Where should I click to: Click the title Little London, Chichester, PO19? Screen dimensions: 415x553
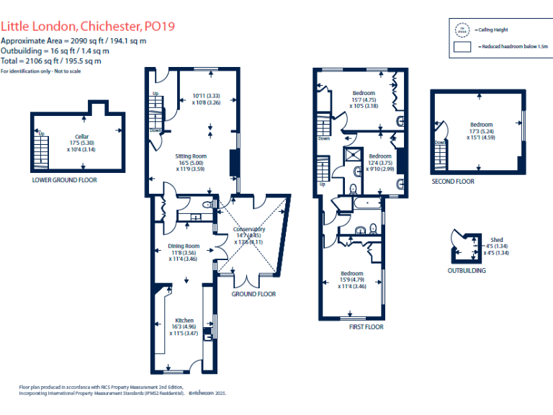click(87, 27)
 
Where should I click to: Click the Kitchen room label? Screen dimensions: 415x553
click(184, 320)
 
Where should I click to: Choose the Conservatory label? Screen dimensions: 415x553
click(249, 229)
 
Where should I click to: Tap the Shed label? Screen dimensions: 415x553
click(496, 240)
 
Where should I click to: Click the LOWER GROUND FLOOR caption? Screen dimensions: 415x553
click(64, 180)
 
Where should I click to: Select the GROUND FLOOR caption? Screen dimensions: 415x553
click(253, 294)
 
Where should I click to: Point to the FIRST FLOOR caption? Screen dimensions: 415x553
click(366, 326)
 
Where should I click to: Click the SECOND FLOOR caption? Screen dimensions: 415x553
click(453, 182)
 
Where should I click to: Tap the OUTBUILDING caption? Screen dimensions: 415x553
click(467, 271)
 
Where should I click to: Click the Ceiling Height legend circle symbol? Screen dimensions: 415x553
click(462, 30)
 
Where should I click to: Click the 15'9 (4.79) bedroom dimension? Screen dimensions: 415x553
click(352, 280)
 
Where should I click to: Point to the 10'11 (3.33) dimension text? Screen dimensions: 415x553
click(206, 96)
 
